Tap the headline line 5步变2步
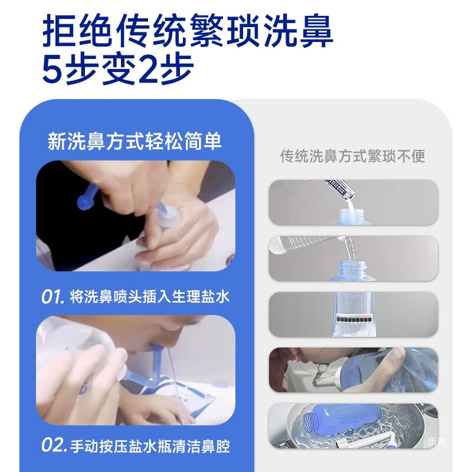coord(118,70)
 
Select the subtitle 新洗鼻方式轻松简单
coord(135,142)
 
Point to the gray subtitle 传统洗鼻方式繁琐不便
coord(353,156)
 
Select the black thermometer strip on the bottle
coord(354,317)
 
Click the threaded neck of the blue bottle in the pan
coord(309,422)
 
